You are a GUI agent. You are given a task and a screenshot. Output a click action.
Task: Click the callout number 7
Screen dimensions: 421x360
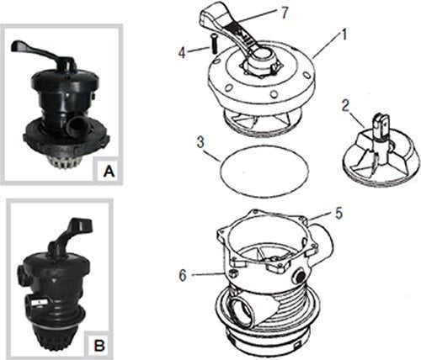click(x=284, y=13)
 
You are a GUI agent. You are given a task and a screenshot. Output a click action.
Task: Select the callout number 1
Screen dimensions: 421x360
click(x=344, y=35)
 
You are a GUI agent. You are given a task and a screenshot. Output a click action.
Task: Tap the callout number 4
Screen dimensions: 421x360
click(x=183, y=52)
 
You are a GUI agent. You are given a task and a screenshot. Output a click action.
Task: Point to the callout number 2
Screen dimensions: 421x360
click(x=346, y=105)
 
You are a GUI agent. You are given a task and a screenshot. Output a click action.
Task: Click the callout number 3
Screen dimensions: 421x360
click(x=200, y=142)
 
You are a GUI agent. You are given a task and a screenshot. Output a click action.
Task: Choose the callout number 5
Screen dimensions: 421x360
click(x=339, y=213)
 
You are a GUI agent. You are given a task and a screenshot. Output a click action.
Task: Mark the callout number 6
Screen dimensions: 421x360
click(x=183, y=275)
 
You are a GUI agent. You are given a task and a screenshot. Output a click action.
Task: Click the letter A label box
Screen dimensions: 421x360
click(x=109, y=171)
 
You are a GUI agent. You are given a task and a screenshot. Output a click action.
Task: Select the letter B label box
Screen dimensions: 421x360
click(x=99, y=345)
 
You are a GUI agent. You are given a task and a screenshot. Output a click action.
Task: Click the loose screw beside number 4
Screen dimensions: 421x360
click(x=213, y=44)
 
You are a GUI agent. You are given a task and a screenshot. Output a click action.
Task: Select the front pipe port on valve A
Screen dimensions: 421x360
click(x=76, y=127)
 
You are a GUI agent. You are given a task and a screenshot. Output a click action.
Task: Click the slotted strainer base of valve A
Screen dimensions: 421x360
click(x=66, y=161)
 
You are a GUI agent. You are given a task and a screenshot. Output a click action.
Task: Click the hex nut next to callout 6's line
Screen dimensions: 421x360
click(x=232, y=273)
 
